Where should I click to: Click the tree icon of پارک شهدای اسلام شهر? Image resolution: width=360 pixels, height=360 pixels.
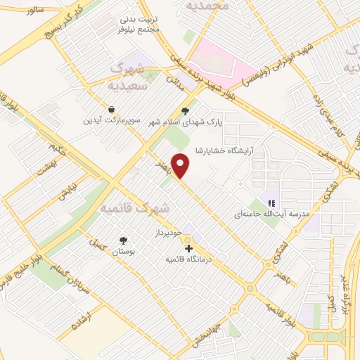186,110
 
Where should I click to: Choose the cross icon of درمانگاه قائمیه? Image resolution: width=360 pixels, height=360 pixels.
188,248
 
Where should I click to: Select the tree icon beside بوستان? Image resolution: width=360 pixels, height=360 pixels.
124,239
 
